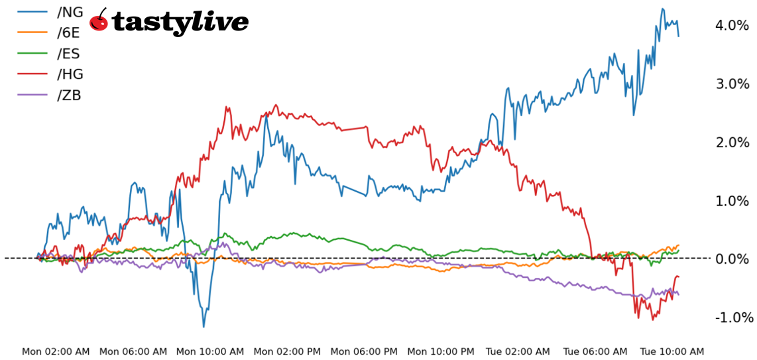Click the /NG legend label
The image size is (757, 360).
(70, 12)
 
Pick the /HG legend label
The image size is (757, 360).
(70, 74)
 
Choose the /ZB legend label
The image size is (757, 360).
(70, 95)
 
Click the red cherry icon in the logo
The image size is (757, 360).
(99, 21)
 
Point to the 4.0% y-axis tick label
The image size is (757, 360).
(732, 25)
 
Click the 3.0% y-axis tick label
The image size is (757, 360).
(732, 84)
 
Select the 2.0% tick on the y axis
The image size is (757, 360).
(732, 142)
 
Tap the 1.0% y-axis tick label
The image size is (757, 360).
(732, 200)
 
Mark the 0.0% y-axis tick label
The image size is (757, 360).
(732, 259)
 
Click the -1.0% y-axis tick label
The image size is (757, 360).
(732, 317)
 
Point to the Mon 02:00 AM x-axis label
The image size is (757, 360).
(56, 351)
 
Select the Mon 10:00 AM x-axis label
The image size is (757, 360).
(209, 351)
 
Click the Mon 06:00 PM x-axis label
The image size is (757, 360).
(364, 351)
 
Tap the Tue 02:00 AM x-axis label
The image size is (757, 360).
(517, 351)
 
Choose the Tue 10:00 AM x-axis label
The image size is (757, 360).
(671, 351)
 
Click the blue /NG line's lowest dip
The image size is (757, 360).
(204, 326)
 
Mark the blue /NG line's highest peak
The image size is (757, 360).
(662, 9)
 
